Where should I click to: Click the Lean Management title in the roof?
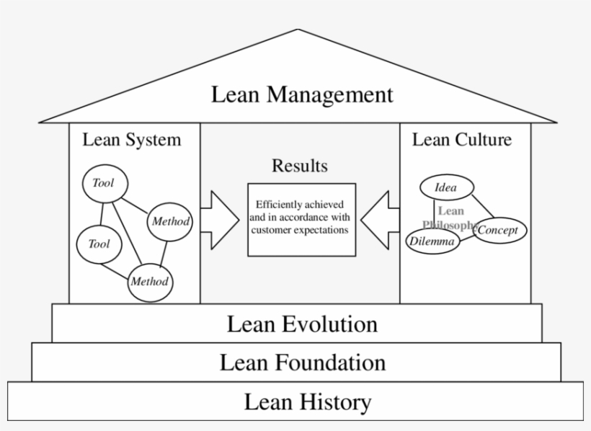302,94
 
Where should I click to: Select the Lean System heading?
131,139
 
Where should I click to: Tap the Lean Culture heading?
461,139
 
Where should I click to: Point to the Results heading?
299,166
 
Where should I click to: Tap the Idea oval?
446,188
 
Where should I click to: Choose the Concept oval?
500,231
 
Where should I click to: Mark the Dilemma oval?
432,241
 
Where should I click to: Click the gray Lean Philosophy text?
450,218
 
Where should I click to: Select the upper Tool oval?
103,183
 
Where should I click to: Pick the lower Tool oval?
99,244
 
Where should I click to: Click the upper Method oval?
170,221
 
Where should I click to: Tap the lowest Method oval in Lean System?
150,281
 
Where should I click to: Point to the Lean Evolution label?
302,324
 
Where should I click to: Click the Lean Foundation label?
302,362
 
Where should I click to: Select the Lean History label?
308,401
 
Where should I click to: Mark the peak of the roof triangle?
298,30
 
